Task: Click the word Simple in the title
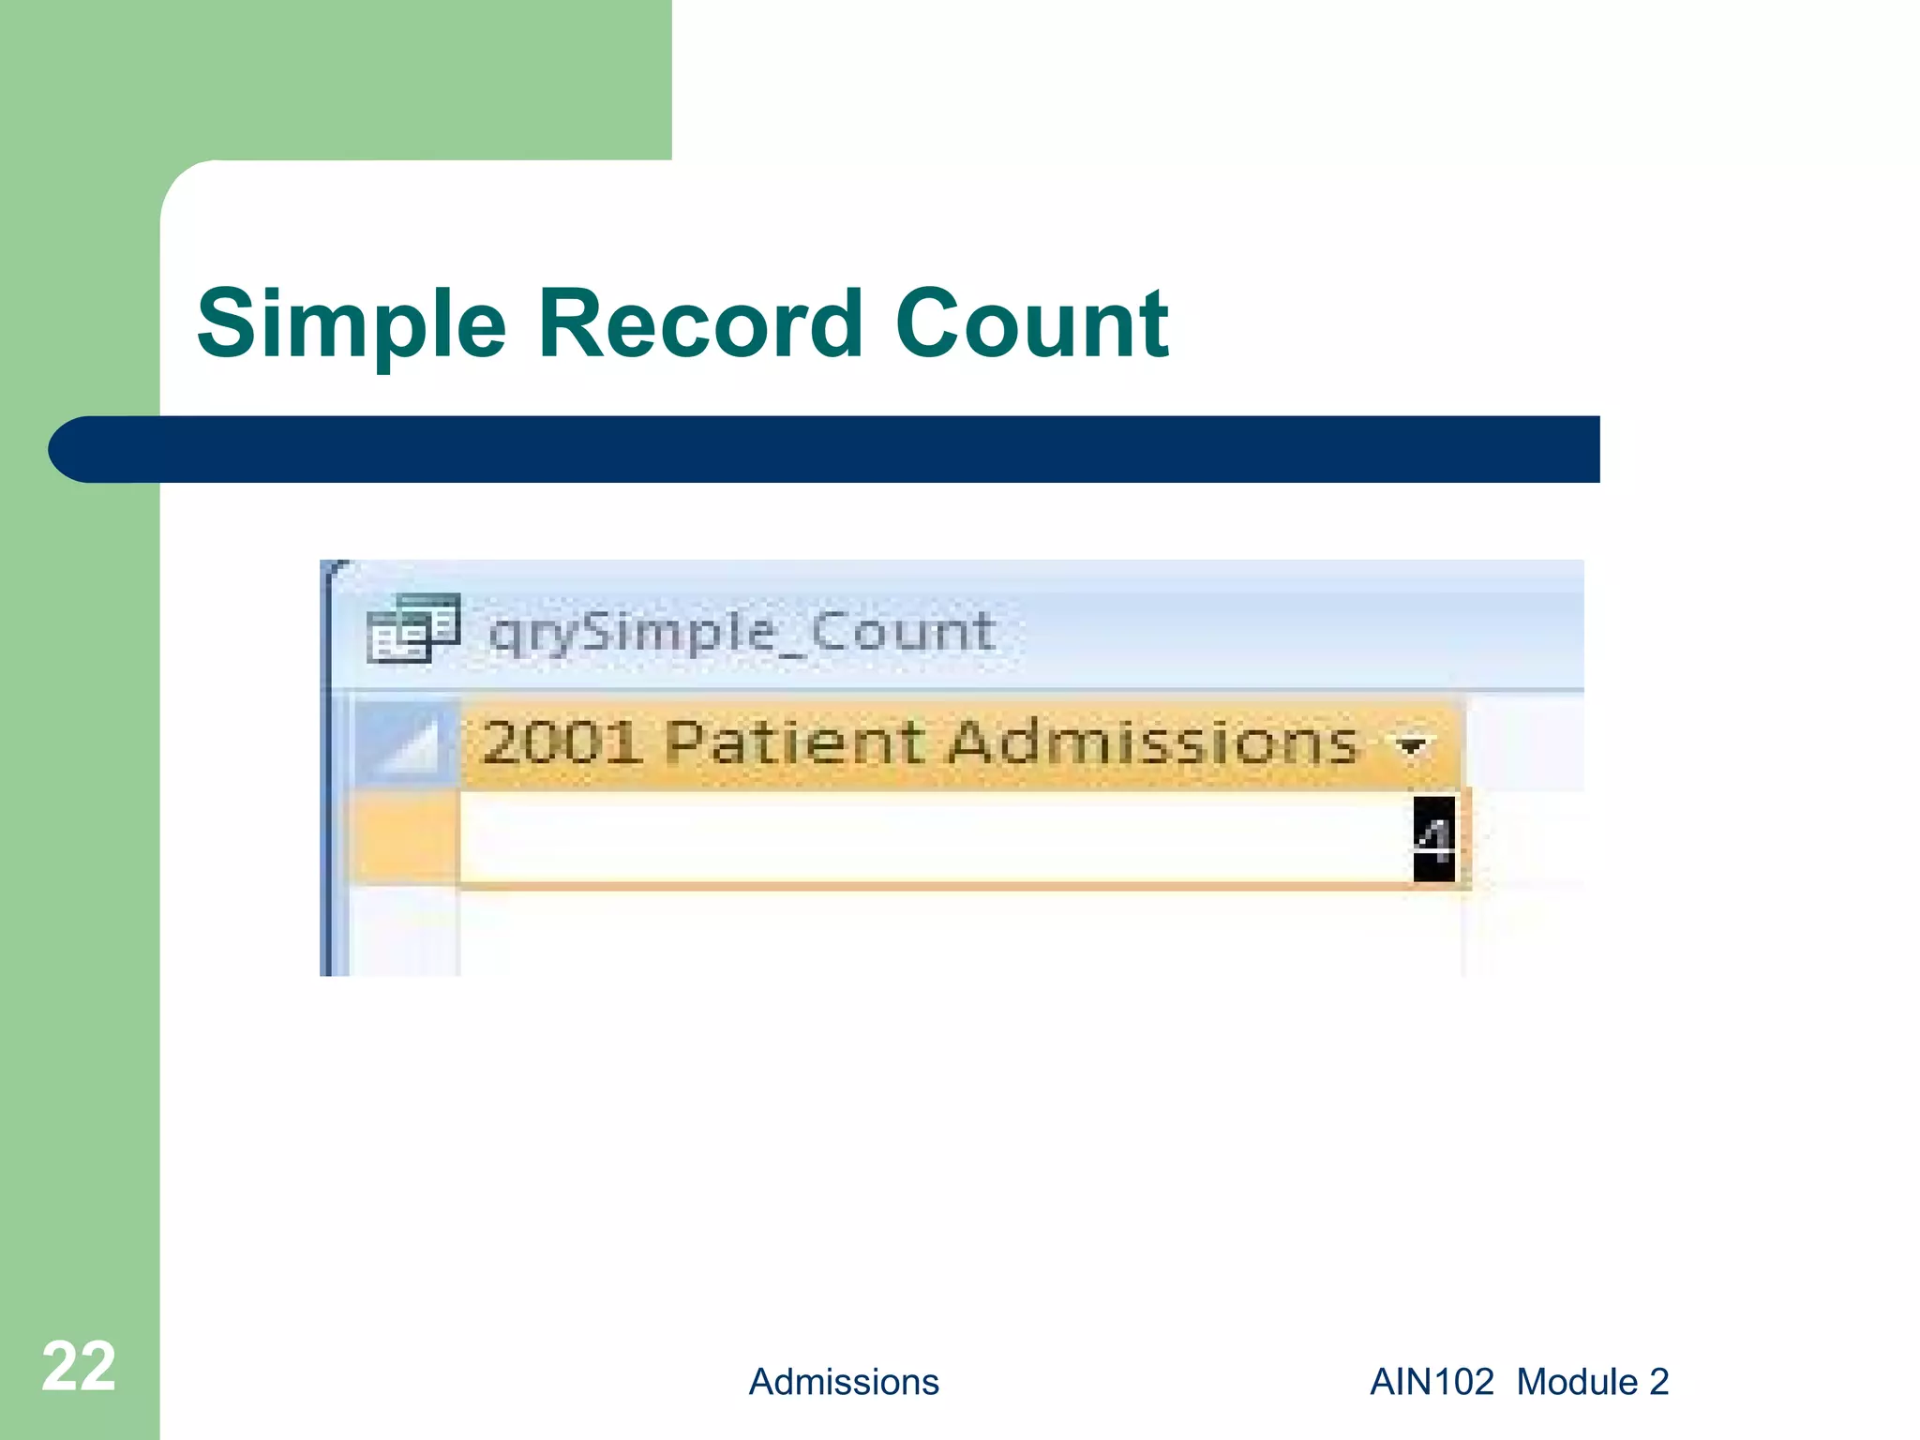(x=352, y=324)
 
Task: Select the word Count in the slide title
(x=1031, y=324)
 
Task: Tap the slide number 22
(x=79, y=1367)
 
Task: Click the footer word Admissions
(x=844, y=1382)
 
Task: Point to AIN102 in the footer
(x=1432, y=1382)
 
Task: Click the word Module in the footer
(x=1577, y=1382)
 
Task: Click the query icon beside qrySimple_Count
(x=412, y=628)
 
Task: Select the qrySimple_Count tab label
(x=741, y=632)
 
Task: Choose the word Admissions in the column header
(x=1153, y=742)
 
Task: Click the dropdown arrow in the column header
(x=1411, y=746)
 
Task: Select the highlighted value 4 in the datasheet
(x=1433, y=839)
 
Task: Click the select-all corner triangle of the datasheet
(x=409, y=744)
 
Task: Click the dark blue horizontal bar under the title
(x=844, y=449)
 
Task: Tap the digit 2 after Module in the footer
(x=1658, y=1382)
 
